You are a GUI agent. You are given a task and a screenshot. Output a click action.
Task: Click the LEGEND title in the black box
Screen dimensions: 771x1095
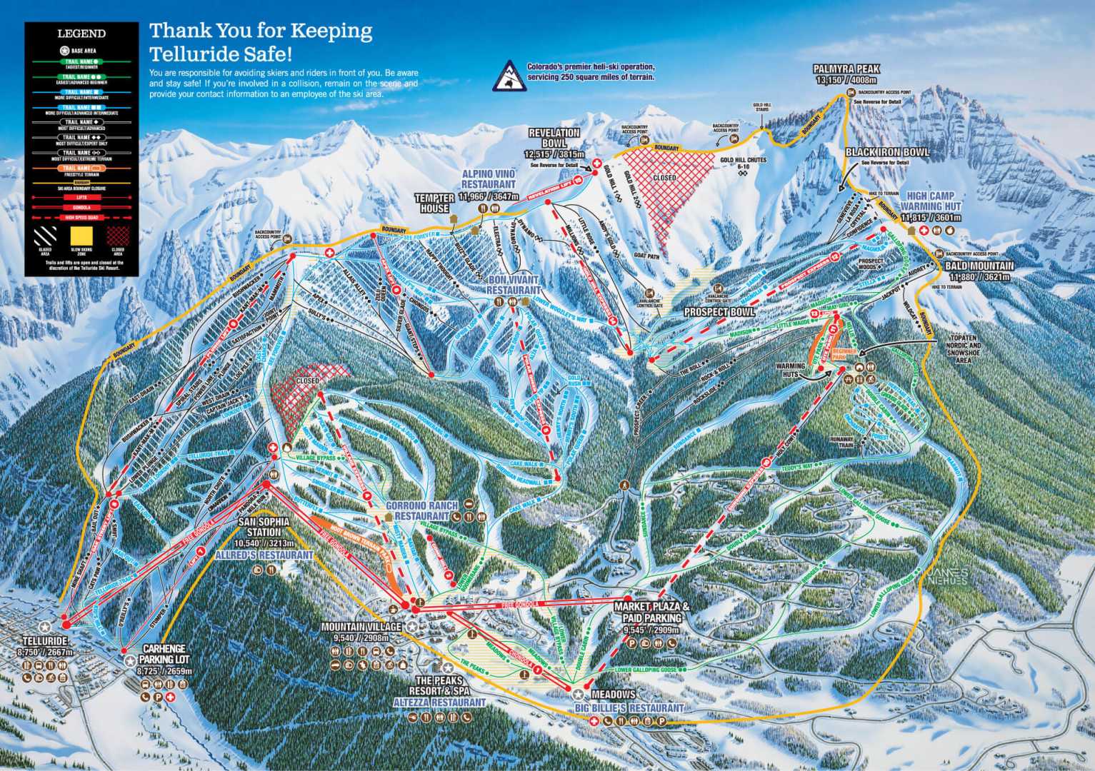coord(81,34)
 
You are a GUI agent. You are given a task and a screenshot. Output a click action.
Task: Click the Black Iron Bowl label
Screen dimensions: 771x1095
coord(887,153)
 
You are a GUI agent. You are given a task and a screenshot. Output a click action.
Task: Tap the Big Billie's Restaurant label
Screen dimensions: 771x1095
coord(629,707)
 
